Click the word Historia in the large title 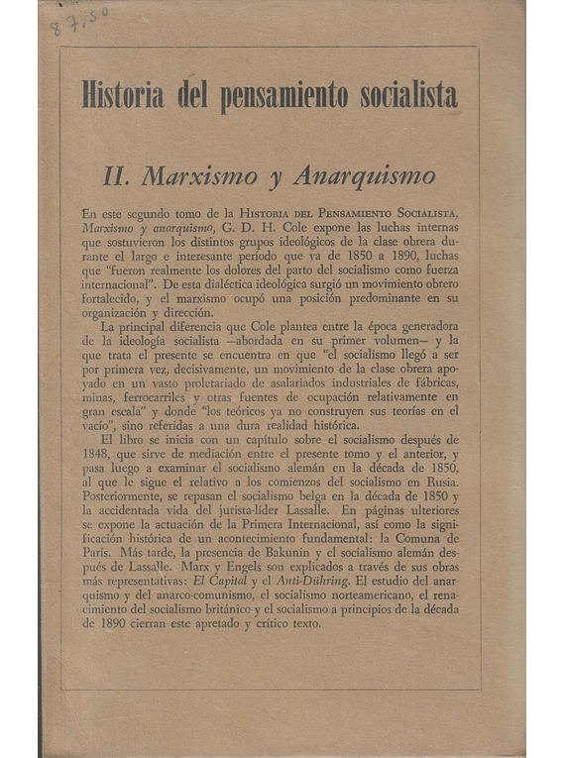123,96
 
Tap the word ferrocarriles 143,392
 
